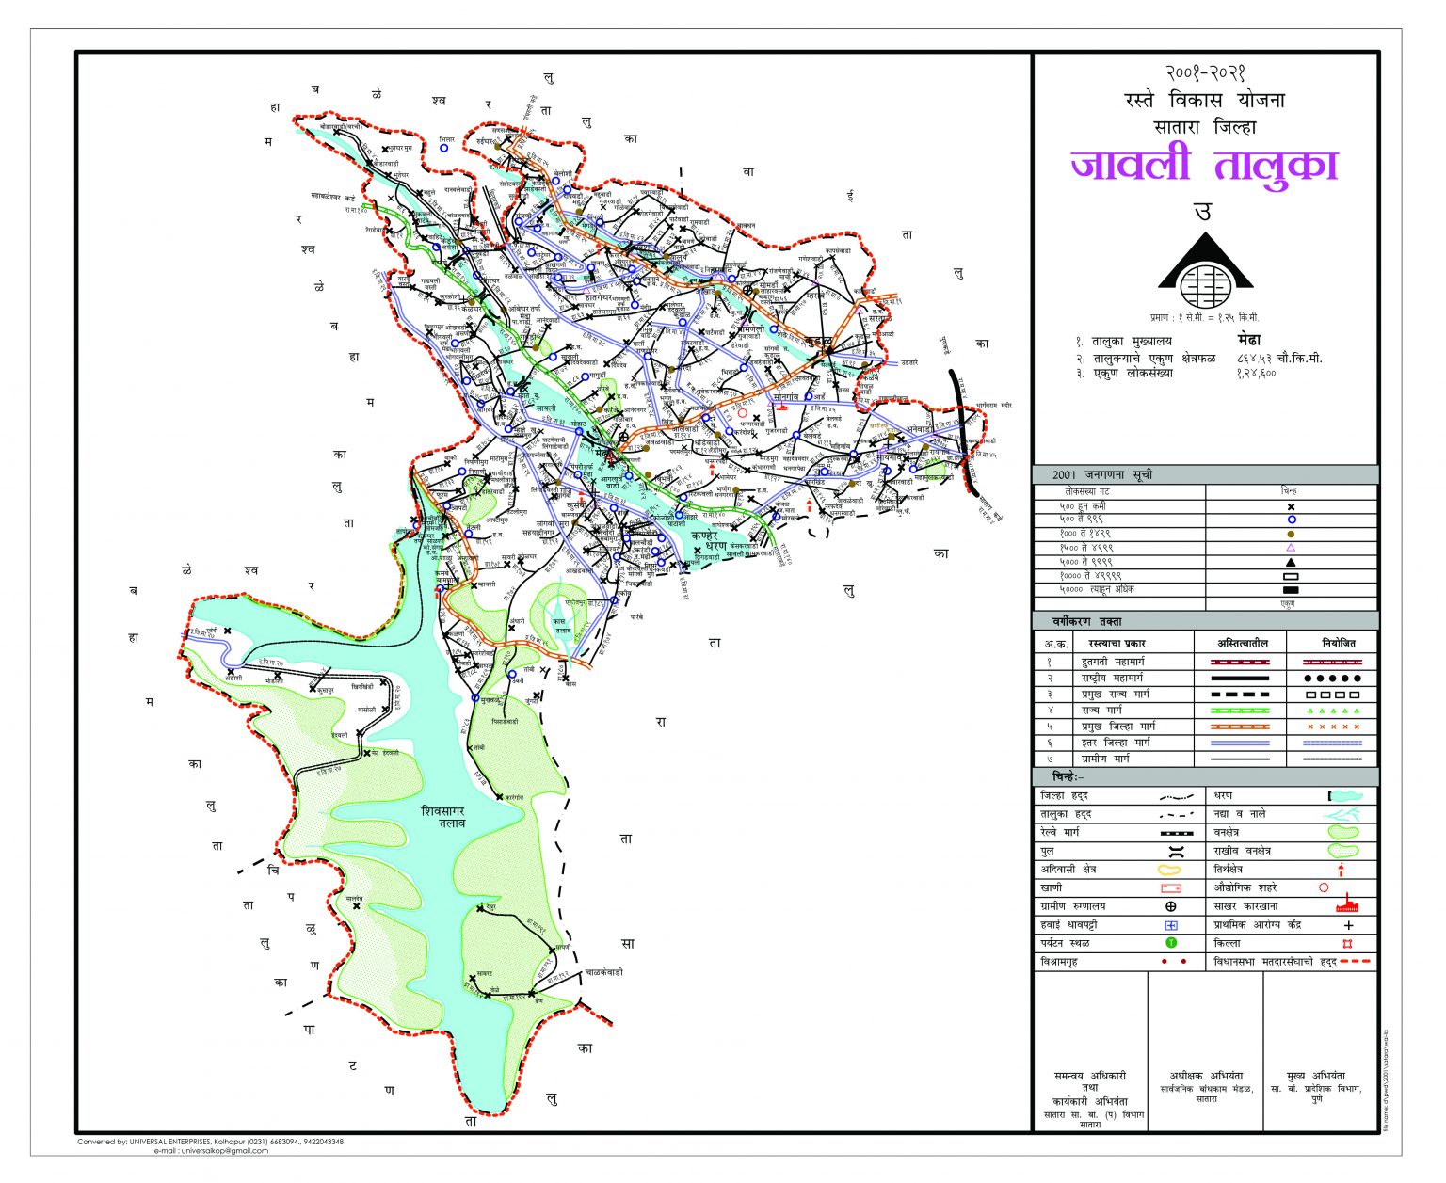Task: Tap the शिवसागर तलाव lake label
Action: [x=445, y=816]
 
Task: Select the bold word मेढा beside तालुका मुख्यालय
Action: [x=1249, y=341]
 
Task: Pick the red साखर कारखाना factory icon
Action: [x=1348, y=906]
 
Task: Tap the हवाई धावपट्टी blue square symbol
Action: [x=1171, y=925]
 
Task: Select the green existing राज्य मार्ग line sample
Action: [x=1239, y=711]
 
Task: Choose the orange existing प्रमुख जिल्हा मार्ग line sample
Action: [x=1239, y=727]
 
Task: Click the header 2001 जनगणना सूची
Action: [x=1102, y=475]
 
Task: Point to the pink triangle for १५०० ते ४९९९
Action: [x=1291, y=547]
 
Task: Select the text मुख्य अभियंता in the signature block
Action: [x=1315, y=1076]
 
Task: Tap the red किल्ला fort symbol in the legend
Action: [x=1348, y=943]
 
